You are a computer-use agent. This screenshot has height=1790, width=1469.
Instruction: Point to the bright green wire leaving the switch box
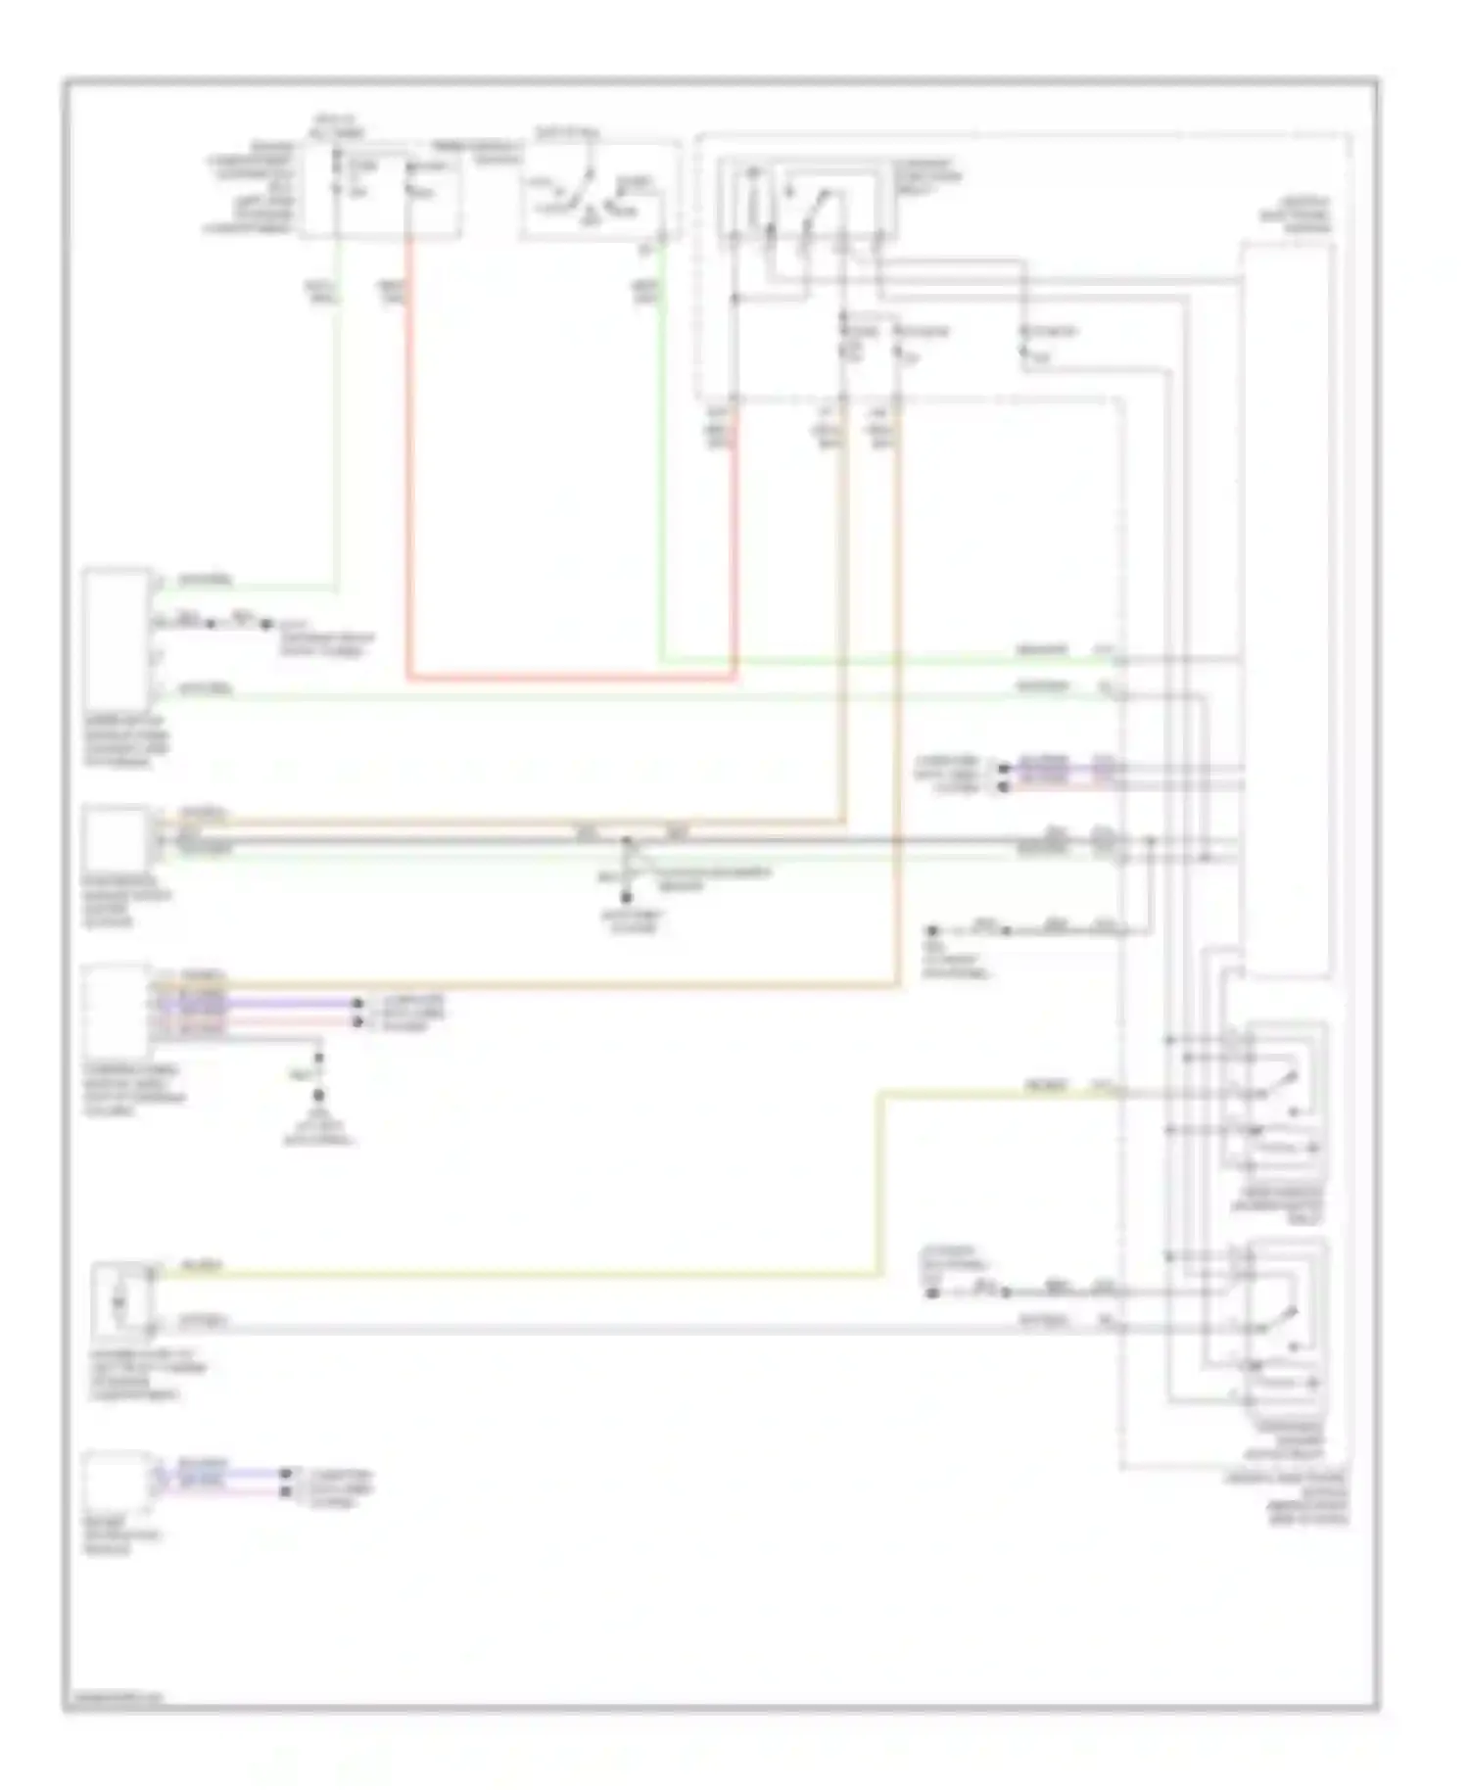[x=662, y=470]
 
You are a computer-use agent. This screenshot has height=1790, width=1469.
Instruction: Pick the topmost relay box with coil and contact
[x=805, y=201]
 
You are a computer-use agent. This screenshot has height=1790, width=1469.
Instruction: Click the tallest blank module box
[x=1287, y=607]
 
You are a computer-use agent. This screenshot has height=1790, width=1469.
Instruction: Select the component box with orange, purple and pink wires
[x=116, y=1004]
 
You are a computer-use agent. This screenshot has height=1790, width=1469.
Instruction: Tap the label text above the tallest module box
[x=1308, y=215]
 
